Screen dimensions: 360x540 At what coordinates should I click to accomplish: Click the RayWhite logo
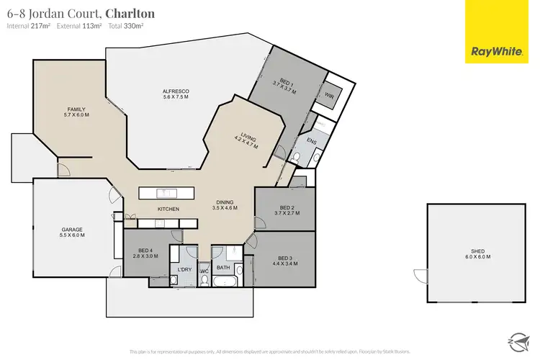pos(495,32)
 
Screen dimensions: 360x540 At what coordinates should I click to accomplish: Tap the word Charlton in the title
pos(130,13)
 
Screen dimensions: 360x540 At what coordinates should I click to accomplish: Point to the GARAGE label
pos(73,232)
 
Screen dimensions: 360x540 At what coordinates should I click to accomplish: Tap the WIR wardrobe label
pos(329,95)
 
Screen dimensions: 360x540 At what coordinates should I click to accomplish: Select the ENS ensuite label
pos(312,141)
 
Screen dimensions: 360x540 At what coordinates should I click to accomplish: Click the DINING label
pos(225,204)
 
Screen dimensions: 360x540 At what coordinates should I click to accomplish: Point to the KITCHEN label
pos(168,209)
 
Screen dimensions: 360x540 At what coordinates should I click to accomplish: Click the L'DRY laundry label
pos(184,269)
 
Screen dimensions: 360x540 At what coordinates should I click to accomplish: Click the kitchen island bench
pos(167,193)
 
